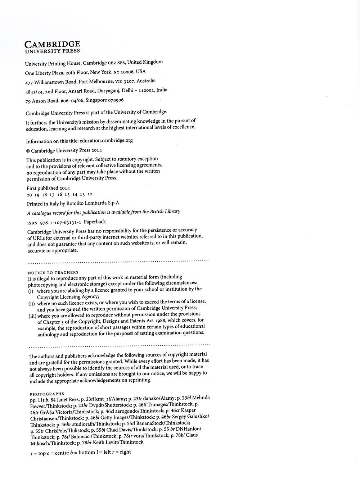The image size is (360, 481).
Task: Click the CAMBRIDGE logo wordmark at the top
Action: (x=52, y=44)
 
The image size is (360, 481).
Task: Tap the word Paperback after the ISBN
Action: (x=95, y=222)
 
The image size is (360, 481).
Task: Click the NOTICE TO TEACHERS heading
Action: (x=53, y=272)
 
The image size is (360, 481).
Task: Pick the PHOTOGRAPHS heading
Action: (x=47, y=394)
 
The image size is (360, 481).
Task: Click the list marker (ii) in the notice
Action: (x=31, y=304)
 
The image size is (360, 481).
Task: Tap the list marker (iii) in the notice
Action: (x=32, y=316)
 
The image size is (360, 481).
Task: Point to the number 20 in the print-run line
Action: (x=30, y=195)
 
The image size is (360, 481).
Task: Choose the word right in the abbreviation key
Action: (x=125, y=452)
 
